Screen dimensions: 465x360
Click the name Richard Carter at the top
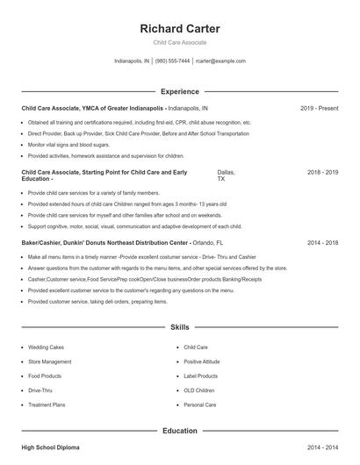(180, 29)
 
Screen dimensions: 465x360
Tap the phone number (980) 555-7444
(173, 61)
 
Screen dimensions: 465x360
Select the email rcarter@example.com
(220, 61)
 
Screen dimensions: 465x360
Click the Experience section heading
(180, 91)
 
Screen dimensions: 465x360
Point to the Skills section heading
(180, 327)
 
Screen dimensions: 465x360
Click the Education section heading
(180, 431)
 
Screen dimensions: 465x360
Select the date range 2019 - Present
(319, 108)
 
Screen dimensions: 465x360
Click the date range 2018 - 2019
(322, 173)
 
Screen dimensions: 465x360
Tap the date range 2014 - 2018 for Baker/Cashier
(322, 242)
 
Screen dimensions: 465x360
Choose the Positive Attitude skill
(202, 361)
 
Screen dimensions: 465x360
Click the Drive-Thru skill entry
(40, 390)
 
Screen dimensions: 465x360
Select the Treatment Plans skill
(47, 404)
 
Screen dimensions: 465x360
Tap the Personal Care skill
(200, 404)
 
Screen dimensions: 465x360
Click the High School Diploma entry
(50, 447)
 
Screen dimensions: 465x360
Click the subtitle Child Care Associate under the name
(180, 42)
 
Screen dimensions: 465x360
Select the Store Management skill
(50, 361)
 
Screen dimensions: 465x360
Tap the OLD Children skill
(199, 390)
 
